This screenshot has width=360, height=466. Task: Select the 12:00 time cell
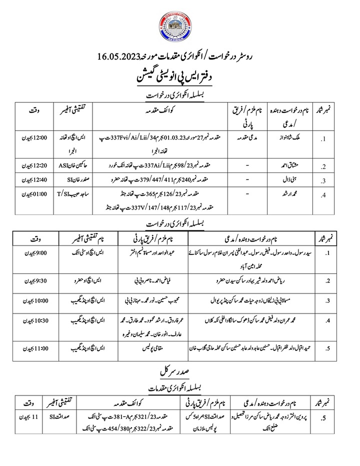(36, 137)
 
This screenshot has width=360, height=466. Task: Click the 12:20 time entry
(36, 164)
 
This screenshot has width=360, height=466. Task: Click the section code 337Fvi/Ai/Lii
(134, 137)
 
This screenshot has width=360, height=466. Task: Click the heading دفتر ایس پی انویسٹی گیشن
(180, 78)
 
